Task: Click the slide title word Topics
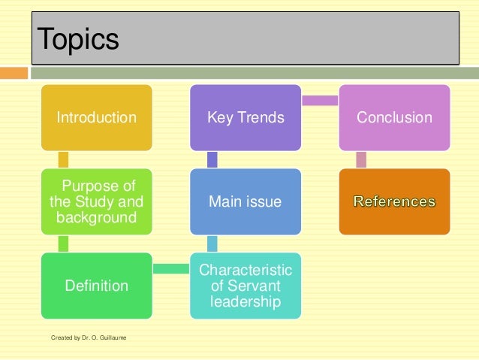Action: [x=78, y=39]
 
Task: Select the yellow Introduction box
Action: [x=97, y=117]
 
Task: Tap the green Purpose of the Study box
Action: [x=97, y=202]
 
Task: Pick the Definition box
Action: [x=97, y=286]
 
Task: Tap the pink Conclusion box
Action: [x=394, y=117]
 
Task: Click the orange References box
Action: [x=394, y=202]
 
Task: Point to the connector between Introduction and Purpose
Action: [x=63, y=159]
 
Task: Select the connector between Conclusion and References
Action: [x=361, y=159]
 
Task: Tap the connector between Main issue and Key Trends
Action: [x=212, y=159]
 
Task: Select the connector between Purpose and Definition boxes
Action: [x=63, y=244]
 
